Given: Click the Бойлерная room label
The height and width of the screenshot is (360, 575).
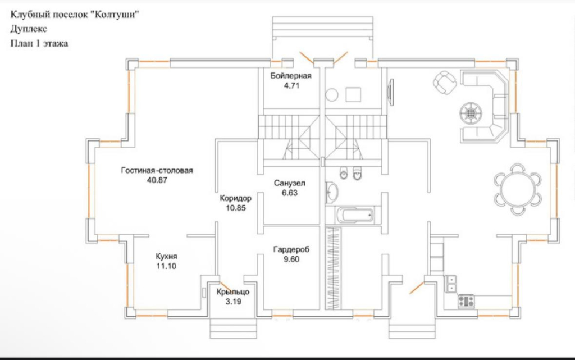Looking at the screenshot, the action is (x=291, y=76).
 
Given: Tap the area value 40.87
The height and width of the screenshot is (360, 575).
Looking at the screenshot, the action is (x=157, y=180).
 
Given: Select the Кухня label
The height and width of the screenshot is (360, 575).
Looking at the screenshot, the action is (x=166, y=256).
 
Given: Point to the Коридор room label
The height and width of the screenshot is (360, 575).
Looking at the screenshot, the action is (x=235, y=198).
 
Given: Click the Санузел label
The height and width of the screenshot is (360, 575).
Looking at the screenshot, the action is (x=289, y=183).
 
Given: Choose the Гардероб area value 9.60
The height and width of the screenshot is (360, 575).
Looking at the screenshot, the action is (x=291, y=259).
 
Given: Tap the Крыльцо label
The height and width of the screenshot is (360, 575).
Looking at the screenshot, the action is (x=233, y=292).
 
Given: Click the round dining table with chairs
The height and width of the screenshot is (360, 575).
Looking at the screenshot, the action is (x=517, y=189).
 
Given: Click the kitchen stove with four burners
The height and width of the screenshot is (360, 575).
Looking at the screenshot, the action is (x=466, y=302).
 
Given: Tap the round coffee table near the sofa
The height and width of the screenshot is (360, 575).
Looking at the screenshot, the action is (x=471, y=113).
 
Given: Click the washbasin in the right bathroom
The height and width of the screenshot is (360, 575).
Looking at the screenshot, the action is (x=332, y=192).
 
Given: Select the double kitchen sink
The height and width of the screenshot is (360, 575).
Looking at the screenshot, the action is (x=451, y=284).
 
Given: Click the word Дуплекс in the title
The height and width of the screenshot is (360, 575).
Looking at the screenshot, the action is (x=29, y=29).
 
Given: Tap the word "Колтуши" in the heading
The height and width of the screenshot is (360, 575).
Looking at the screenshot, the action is (x=117, y=15).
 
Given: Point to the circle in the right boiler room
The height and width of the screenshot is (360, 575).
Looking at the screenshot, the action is (x=331, y=94).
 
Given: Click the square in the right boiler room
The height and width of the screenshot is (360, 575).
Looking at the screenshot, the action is (x=353, y=94).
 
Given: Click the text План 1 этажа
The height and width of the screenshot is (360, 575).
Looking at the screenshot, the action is (x=39, y=44).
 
